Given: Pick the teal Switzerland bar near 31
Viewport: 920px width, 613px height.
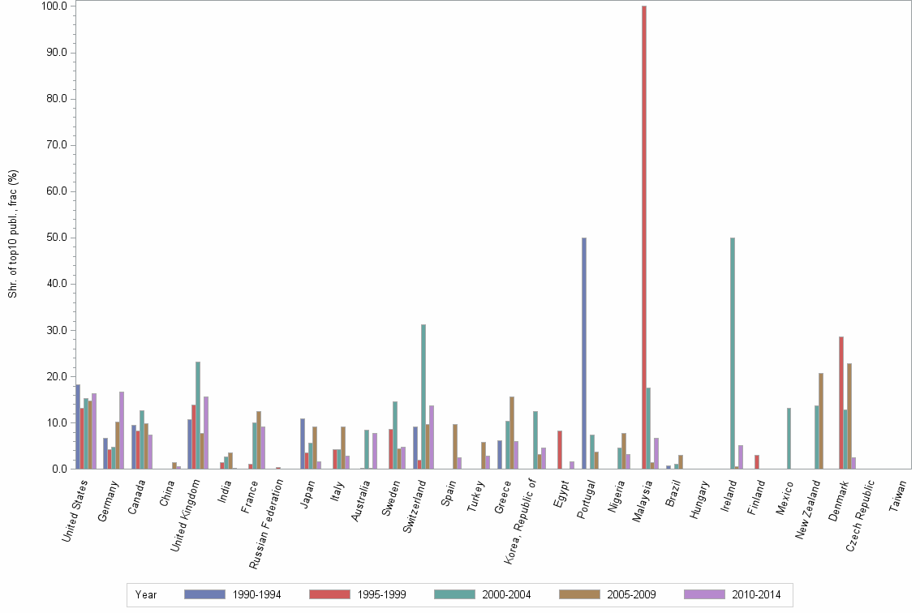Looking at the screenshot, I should (x=423, y=397).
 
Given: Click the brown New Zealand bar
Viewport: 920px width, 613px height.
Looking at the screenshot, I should (x=821, y=421).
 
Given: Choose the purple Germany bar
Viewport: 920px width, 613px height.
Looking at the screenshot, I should (x=122, y=431).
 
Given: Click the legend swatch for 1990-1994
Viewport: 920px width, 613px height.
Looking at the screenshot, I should (x=204, y=594).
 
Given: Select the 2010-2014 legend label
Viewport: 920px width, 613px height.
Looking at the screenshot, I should (x=755, y=594).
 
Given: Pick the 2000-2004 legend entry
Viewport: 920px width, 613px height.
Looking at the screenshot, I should (x=505, y=594).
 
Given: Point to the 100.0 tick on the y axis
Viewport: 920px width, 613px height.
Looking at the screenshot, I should (x=58, y=6).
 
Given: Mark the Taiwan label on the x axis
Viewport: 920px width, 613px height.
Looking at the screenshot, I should (x=898, y=495).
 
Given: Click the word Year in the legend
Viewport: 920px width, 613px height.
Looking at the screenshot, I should (x=146, y=594).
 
